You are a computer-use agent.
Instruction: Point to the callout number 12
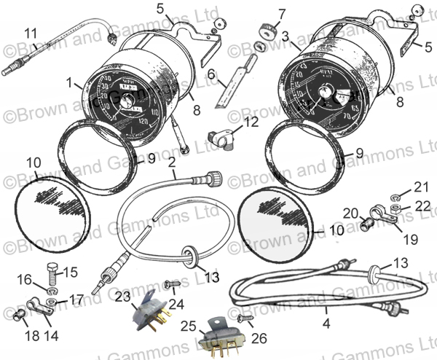click(x=250, y=122)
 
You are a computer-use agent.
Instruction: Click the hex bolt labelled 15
click(x=52, y=275)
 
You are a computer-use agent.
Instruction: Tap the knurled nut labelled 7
click(x=266, y=31)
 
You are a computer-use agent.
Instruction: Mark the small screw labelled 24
click(x=173, y=285)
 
